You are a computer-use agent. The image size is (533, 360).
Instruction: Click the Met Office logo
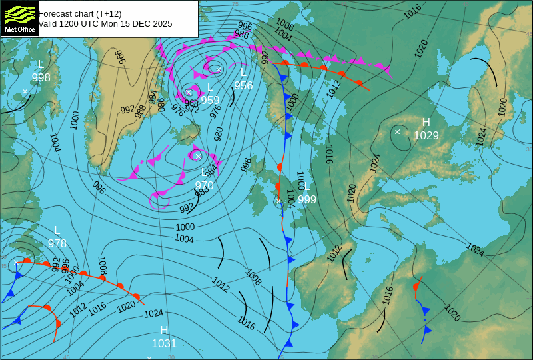19,18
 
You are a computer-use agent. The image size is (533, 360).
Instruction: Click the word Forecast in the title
57,13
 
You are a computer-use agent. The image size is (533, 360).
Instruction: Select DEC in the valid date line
133,24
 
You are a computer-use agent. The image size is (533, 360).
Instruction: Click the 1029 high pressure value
426,136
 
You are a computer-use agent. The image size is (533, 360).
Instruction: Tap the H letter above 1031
164,331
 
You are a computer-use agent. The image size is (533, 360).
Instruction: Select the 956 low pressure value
243,85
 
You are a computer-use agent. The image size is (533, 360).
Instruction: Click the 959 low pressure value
210,101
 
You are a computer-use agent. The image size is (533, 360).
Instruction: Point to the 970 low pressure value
204,185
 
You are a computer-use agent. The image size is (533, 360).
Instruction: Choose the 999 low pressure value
307,199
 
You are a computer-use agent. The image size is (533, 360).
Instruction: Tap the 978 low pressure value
57,244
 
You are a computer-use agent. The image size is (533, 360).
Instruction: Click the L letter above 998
41,65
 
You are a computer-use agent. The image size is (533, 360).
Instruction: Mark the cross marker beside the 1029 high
398,131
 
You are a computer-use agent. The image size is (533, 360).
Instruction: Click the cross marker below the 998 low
25,91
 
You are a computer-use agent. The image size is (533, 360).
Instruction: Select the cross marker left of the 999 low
279,201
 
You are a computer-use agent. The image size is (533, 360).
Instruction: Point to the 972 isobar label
192,109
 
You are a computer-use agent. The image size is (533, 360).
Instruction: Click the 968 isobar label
191,103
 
